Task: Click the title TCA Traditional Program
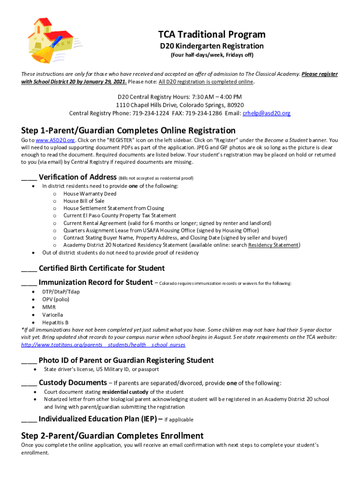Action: [211, 34]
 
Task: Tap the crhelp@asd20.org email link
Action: [266, 113]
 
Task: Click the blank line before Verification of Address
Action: [29, 178]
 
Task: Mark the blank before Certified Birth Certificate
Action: [29, 269]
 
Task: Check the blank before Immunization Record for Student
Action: [29, 283]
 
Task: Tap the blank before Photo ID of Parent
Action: [29, 361]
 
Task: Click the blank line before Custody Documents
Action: [29, 383]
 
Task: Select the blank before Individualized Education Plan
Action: [29, 419]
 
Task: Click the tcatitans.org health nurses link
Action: [103, 345]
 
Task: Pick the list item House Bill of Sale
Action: [84, 201]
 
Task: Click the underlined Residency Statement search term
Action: [274, 245]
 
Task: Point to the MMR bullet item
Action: [49, 307]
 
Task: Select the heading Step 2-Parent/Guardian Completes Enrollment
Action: [112, 435]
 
